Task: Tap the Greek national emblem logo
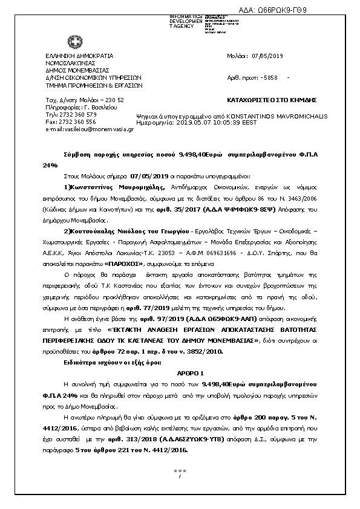(x=75, y=43)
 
